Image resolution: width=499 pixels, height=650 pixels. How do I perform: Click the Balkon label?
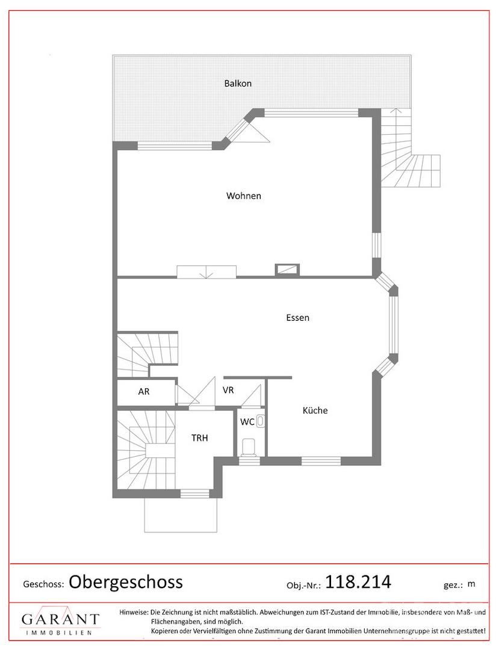point(238,83)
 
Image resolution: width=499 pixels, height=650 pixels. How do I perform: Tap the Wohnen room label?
point(244,196)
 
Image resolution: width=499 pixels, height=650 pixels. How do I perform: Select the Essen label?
point(297,318)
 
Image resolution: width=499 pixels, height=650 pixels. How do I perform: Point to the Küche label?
point(315,410)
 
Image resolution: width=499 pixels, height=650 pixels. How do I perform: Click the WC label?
point(247,422)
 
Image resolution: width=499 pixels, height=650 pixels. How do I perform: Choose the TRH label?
point(199,438)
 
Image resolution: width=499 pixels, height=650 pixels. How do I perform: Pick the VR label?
point(228,390)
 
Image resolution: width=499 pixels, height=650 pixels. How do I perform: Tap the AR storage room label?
point(144,391)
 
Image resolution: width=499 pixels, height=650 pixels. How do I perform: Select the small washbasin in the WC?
point(260,421)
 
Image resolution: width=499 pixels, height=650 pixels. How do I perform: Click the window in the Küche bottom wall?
point(321,461)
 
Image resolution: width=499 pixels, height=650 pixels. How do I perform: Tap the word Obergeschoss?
point(126,582)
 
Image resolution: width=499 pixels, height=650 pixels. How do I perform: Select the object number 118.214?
point(358,582)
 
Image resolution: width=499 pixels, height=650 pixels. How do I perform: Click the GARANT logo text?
point(61,619)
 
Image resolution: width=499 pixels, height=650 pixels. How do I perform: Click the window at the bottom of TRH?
point(195,494)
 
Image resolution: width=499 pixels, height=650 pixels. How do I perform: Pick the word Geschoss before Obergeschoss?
point(43,584)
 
